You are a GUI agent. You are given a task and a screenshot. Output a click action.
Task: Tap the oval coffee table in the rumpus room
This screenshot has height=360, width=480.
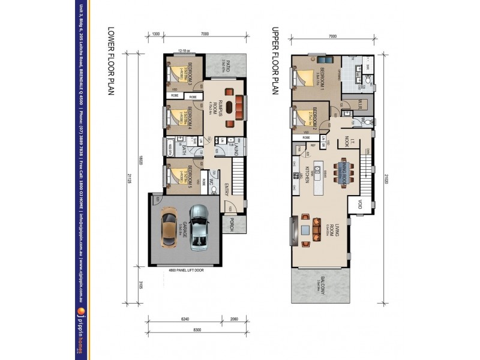tap(232, 124)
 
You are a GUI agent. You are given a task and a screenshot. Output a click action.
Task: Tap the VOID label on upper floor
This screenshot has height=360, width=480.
tap(359, 204)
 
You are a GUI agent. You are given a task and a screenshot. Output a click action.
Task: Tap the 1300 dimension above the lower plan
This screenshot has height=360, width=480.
tap(156, 35)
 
